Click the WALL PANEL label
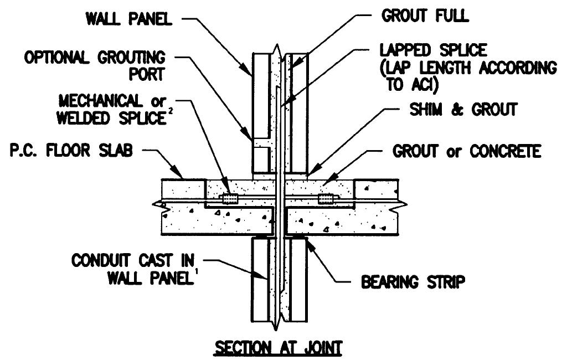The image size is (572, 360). [129, 19]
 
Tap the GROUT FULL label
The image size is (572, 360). [424, 16]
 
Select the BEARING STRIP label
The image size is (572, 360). [413, 282]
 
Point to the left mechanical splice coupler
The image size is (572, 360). [228, 198]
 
